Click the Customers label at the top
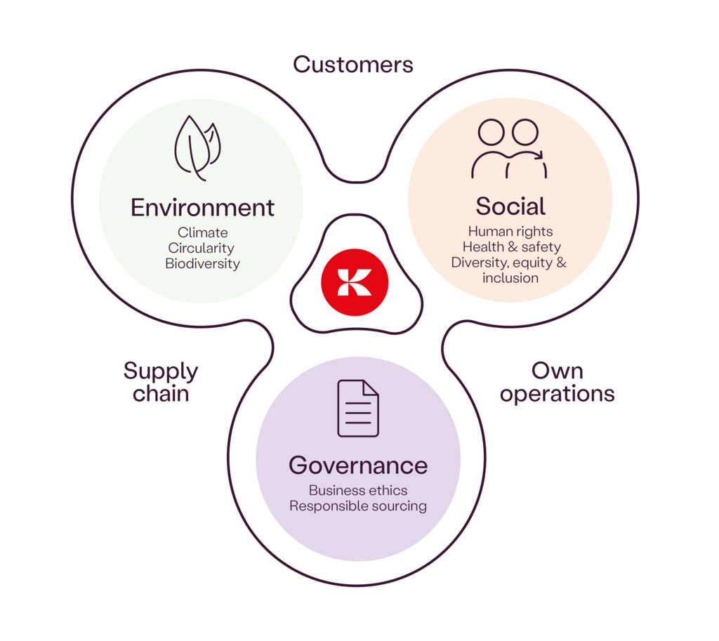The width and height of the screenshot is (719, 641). point(352,65)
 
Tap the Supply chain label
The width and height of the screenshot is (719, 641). point(161,382)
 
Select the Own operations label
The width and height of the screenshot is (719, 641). point(557,382)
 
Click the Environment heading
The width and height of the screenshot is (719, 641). point(202,208)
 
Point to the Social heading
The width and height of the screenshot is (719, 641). point(510,206)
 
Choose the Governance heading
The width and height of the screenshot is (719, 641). point(358,465)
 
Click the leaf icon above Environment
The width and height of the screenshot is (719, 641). point(197,147)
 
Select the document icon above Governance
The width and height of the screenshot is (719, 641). point(358,408)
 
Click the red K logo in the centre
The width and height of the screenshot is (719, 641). point(355,282)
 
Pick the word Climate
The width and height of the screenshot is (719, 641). point(202,232)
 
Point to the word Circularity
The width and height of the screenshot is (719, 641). point(202,248)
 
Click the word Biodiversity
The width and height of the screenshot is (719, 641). point(202,264)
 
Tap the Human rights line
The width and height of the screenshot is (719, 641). point(510,232)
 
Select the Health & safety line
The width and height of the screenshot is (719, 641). point(511,247)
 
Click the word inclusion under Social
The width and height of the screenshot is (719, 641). point(510,278)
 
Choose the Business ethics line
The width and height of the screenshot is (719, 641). point(358,490)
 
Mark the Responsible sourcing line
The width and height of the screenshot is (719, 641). point(358,505)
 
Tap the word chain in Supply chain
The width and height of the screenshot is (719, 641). point(161,394)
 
